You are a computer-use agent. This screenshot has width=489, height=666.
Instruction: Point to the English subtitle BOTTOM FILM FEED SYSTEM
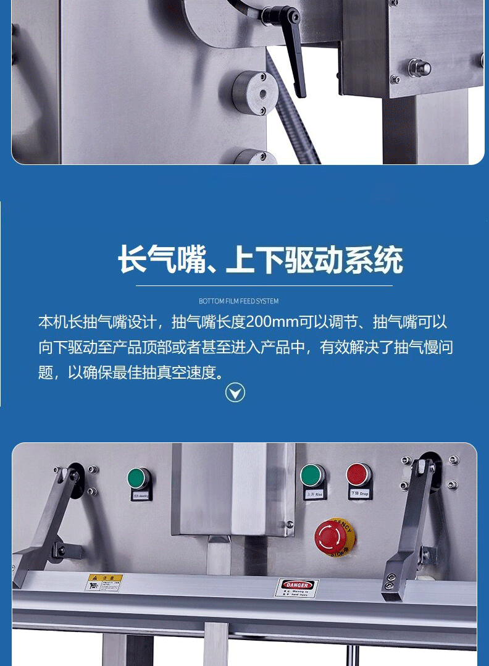tap(238, 301)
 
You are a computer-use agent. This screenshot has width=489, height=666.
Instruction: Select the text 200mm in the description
tap(271, 322)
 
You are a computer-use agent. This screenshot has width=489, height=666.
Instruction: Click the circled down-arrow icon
tap(235, 392)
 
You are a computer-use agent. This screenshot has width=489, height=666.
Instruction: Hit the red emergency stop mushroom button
tap(334, 536)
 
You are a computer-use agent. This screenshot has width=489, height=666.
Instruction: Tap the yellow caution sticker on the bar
tap(104, 582)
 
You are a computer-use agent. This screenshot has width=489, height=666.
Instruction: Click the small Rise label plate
tap(313, 494)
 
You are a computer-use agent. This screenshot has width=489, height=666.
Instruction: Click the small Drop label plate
tap(359, 494)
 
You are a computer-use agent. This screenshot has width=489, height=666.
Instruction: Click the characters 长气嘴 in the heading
tap(162, 260)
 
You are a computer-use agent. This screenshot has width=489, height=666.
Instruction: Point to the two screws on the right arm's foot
tap(391, 582)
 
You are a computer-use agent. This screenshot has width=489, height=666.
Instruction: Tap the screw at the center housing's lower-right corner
tap(289, 525)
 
